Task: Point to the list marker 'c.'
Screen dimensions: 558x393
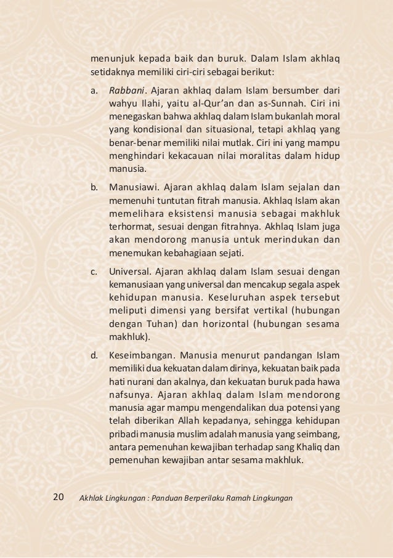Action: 95,270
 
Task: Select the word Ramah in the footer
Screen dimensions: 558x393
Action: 244,497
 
